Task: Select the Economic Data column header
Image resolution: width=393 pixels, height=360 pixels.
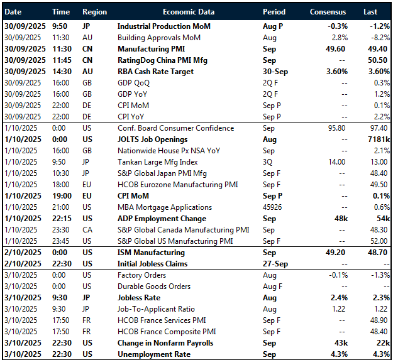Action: coord(188,12)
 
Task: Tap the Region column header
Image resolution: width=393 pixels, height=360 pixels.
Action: coord(94,12)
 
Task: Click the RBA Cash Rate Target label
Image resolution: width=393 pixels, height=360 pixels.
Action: coord(155,72)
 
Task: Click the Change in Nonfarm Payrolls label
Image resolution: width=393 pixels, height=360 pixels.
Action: coord(165,343)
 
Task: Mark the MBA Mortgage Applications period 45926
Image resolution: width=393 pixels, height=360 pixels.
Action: coord(274,207)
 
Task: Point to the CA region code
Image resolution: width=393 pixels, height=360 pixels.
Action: coord(87,230)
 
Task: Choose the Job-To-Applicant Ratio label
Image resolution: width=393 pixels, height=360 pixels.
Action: coord(153,309)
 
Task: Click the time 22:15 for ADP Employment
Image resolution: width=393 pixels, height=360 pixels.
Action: coord(61,219)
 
